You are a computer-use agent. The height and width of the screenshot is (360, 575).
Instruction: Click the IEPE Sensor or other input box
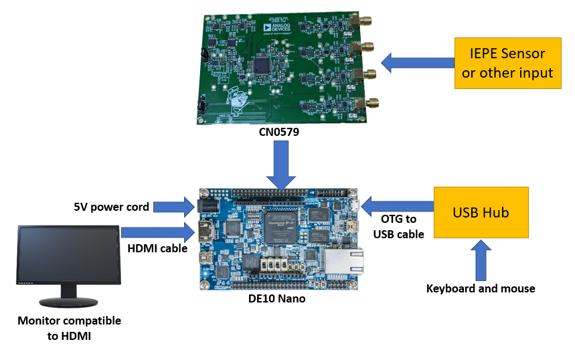coord(507,64)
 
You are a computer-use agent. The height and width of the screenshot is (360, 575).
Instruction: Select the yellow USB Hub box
coord(481,213)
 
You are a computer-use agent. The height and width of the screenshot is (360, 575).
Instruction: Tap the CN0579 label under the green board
coord(279,132)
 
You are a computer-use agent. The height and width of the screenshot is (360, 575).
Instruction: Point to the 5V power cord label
coord(110,206)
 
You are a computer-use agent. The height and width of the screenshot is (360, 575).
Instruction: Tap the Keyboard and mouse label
coord(481,288)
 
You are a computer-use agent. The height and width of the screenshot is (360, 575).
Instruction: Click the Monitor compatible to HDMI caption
coord(70,328)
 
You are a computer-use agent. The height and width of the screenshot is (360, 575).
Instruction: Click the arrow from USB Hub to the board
coord(395,205)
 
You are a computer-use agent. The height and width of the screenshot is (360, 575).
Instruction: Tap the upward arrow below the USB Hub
coord(481,260)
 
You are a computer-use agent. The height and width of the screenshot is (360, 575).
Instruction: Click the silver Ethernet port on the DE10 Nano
coord(345,260)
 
